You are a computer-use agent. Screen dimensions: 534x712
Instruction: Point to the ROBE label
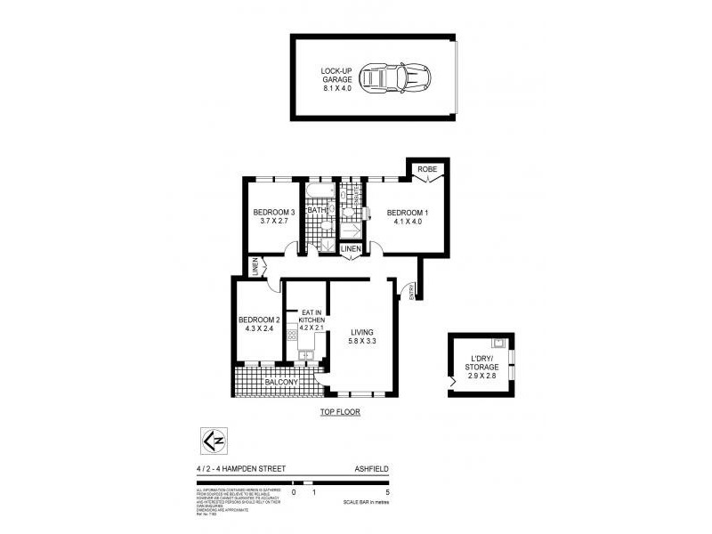[x=428, y=169]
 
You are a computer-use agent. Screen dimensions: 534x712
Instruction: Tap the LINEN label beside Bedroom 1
[x=352, y=249]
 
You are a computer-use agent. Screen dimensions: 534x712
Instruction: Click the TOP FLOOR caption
[x=340, y=413]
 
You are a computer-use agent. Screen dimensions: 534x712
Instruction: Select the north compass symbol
[x=214, y=441]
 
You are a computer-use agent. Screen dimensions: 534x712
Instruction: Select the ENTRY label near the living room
[x=411, y=293]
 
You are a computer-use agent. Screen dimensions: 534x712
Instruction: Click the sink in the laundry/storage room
[x=500, y=344]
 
